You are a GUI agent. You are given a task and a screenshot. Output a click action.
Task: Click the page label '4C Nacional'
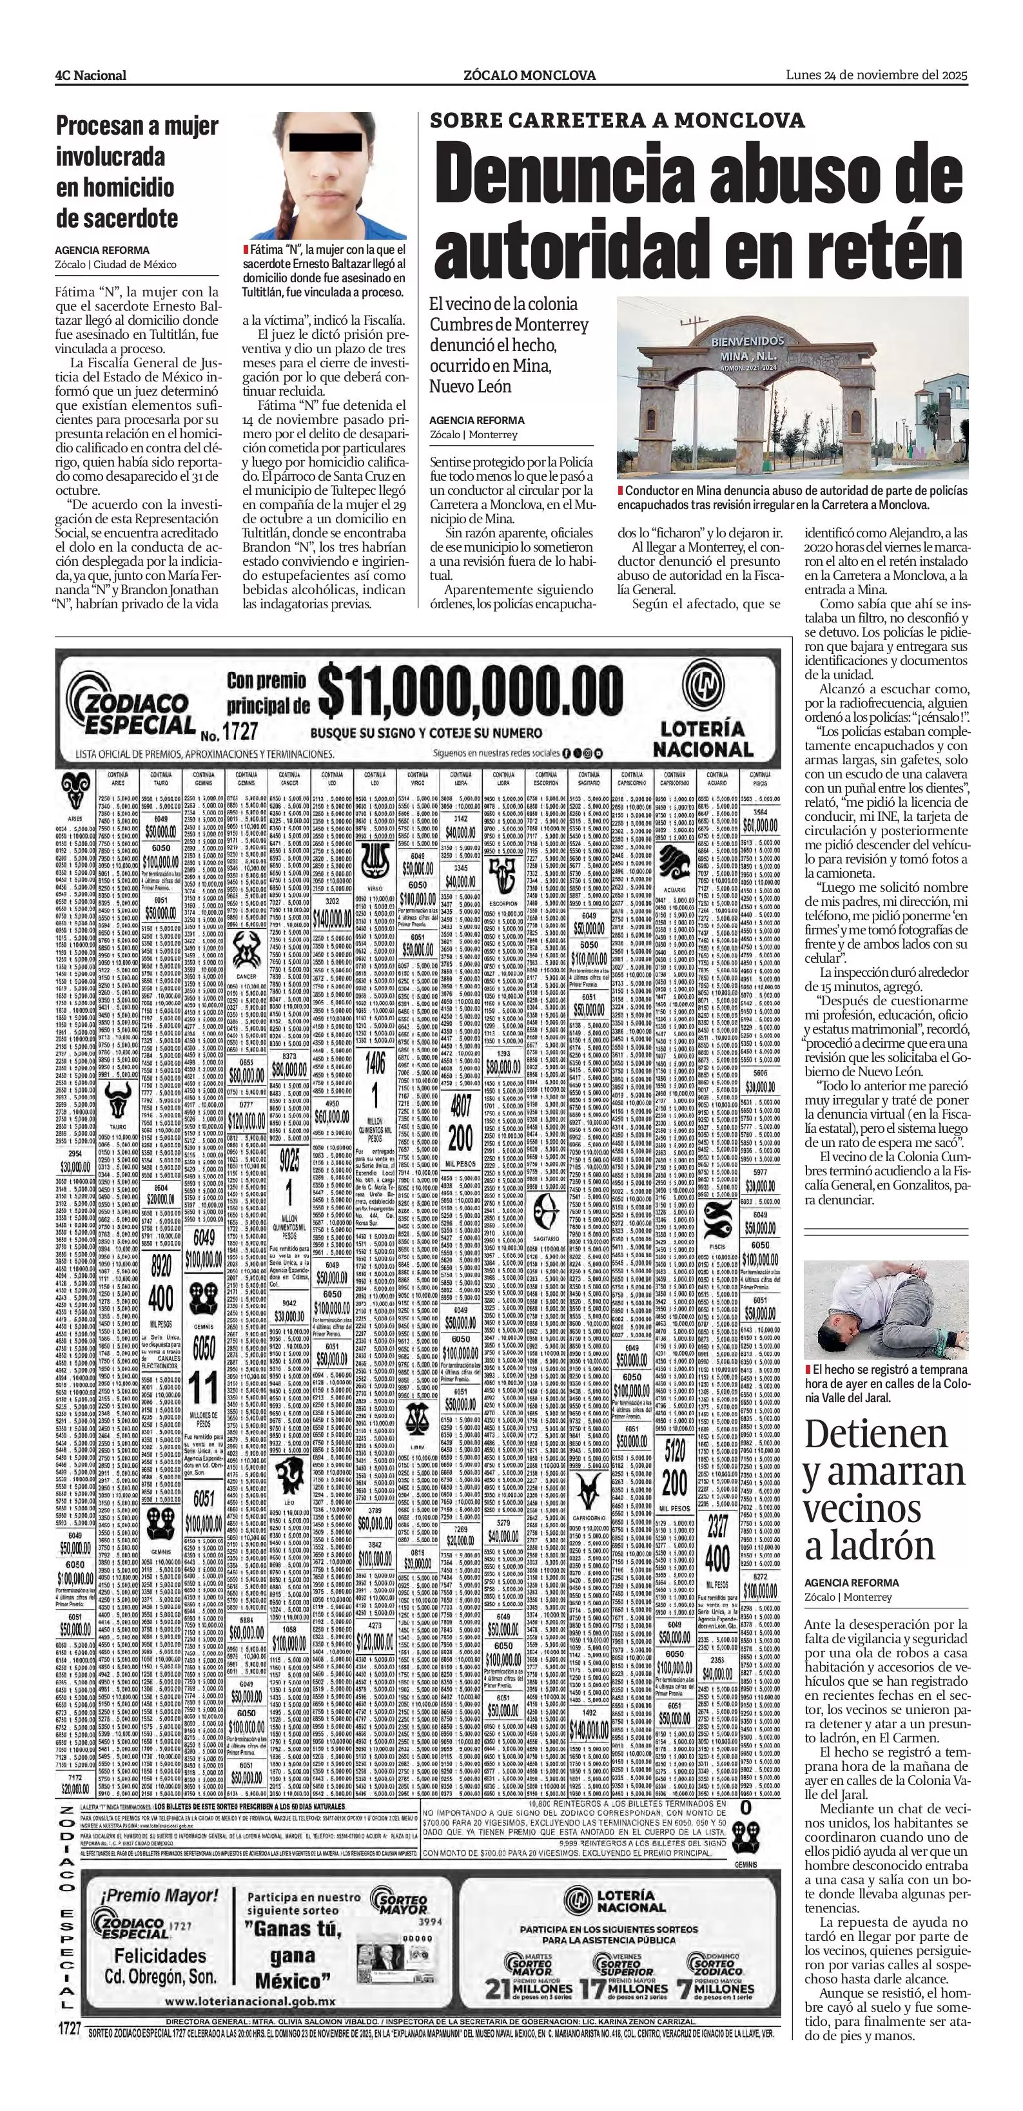pos(90,75)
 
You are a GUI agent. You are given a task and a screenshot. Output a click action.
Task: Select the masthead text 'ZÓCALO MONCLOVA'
pos(529,75)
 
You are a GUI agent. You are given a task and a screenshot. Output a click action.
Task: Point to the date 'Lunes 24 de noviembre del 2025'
pos(876,75)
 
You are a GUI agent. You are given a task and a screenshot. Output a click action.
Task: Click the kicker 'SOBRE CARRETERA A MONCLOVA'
pos(618,120)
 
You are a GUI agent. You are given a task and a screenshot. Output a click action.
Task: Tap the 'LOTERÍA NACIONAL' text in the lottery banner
pos(703,738)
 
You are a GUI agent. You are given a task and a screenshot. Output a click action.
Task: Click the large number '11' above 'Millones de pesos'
pos(203,1387)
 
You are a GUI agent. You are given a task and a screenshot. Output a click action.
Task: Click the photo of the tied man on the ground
pos(885,1309)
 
